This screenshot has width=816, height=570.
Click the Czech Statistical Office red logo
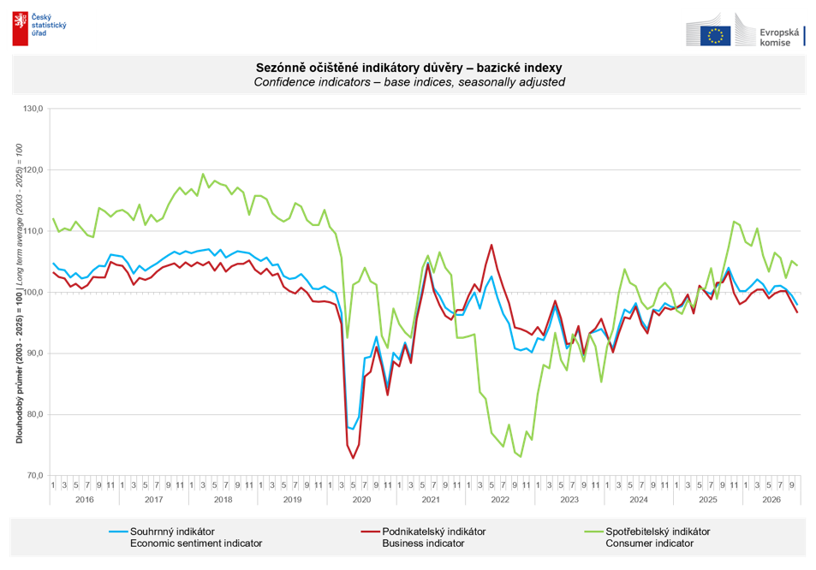[21, 29]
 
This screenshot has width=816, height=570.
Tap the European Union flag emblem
[715, 36]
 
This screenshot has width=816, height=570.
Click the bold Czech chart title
[408, 68]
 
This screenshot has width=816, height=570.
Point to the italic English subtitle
[409, 82]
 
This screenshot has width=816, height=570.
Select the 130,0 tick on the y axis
[33, 109]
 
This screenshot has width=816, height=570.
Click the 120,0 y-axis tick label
[33, 170]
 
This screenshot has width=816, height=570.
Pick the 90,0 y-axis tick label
[33, 353]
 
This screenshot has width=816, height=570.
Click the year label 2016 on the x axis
[84, 500]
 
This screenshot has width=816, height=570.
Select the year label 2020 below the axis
[361, 500]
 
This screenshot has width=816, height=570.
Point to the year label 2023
[569, 500]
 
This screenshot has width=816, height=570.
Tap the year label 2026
[771, 500]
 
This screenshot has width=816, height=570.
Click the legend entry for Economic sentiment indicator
[186, 537]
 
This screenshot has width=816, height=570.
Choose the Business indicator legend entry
[423, 537]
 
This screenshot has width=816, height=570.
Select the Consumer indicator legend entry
[646, 537]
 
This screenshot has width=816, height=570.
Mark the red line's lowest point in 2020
[353, 458]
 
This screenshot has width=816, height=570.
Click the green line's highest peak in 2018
[203, 174]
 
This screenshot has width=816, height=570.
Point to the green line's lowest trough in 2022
[521, 457]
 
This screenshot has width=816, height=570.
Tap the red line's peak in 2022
[491, 245]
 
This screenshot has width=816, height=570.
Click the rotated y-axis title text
[19, 294]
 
